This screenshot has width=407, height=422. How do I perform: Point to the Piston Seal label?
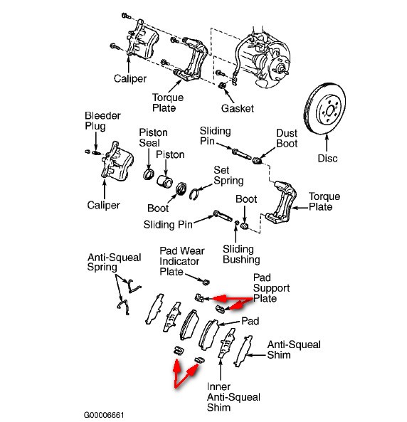pyautogui.click(x=152, y=138)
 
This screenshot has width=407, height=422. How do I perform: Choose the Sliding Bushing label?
pyautogui.click(x=238, y=253)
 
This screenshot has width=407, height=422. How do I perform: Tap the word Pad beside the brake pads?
pyautogui.click(x=250, y=321)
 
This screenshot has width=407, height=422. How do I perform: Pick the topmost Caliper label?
pyautogui.click(x=130, y=78)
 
